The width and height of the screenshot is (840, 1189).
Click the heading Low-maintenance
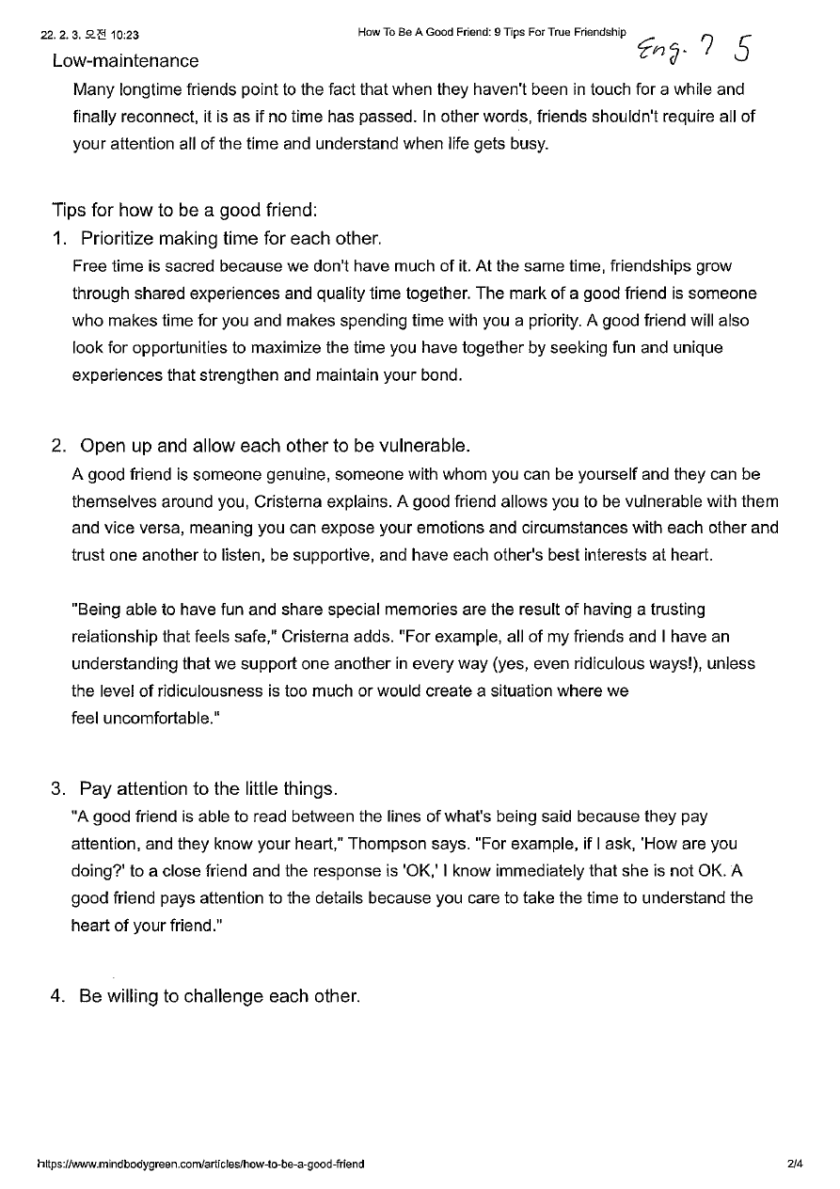click(x=125, y=61)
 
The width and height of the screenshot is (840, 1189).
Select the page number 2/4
click(x=796, y=1164)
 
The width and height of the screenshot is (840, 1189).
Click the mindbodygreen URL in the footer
click(x=200, y=1164)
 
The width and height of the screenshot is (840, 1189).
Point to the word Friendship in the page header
click(x=596, y=32)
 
